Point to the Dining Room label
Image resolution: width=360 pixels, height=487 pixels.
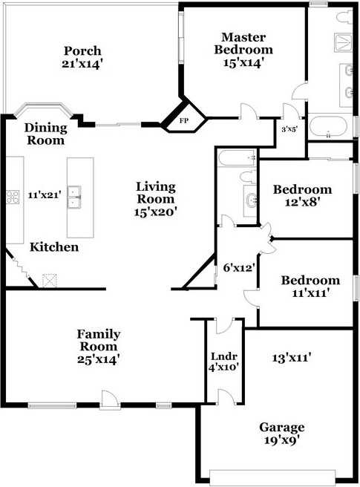pos(45,134)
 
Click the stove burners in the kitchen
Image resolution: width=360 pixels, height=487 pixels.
pos(13,197)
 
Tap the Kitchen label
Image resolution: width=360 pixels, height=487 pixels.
pos(54,246)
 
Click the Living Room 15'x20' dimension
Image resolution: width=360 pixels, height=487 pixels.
pos(155,212)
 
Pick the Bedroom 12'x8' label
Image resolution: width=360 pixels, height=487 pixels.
pos(301,195)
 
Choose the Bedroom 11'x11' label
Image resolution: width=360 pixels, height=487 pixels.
pos(310,286)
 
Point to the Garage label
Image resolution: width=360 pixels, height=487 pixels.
pos(281,433)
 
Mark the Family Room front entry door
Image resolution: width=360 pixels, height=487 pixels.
pos(110,399)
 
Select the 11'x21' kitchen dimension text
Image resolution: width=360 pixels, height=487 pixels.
pos(44,195)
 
